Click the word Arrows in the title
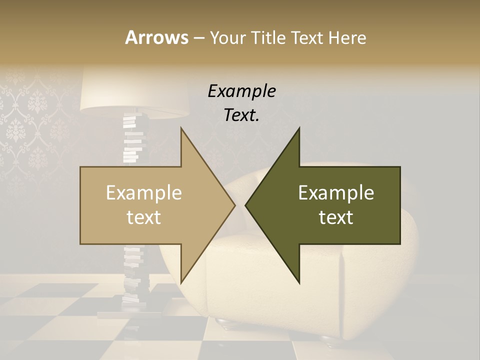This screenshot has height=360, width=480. (156, 37)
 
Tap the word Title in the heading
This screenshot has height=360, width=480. (269, 37)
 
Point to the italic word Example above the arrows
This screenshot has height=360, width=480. (241, 91)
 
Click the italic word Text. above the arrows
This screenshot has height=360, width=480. (241, 115)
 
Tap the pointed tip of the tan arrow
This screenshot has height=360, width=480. (234, 205)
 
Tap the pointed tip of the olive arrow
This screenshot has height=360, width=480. (246, 205)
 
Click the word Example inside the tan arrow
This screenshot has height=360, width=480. (144, 193)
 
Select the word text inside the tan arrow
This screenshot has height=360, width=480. (144, 217)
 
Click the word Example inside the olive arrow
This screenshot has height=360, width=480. (336, 193)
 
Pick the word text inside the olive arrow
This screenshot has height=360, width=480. (336, 217)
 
